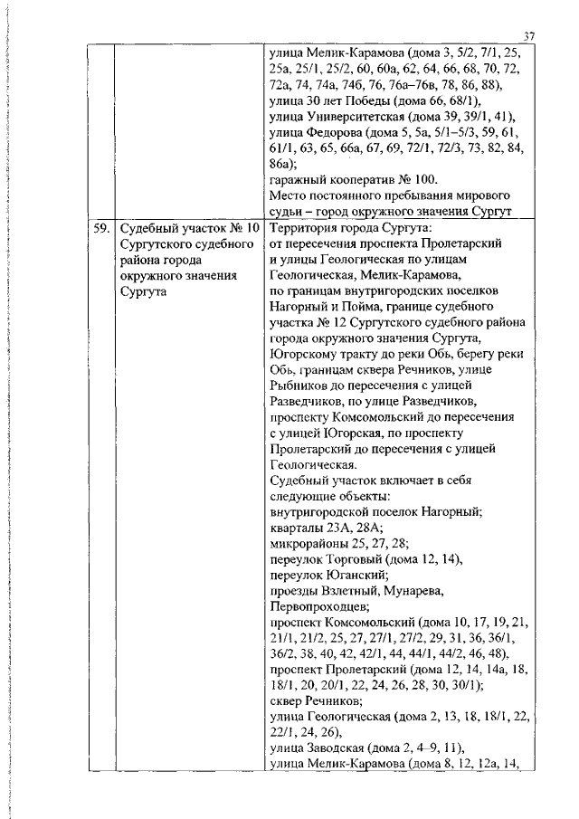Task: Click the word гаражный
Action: [x=298, y=180]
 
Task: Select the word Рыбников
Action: [x=302, y=392]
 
